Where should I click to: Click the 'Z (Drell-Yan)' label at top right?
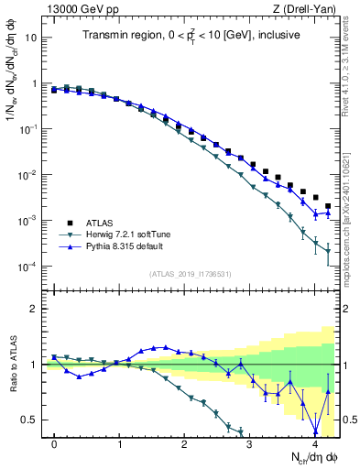pos(308,9)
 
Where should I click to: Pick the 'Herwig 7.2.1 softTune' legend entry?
pos(115,234)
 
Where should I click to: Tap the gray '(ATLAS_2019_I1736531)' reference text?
pos(190,274)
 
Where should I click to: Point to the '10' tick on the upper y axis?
pos(32,38)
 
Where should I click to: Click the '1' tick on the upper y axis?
pos(35,84)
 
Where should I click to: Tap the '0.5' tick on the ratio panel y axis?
pos(30,420)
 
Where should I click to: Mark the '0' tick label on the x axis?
pos(54,443)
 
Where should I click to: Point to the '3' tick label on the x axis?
pos(250,443)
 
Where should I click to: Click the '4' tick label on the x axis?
pos(315,443)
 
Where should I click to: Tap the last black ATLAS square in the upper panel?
pos(328,207)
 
